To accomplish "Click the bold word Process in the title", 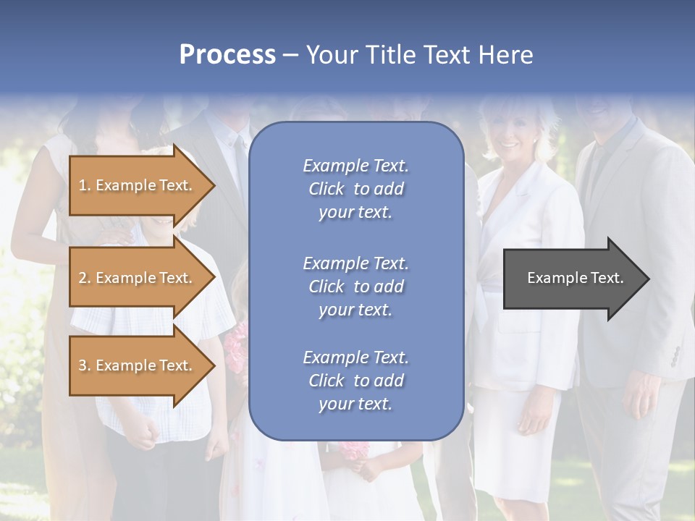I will [x=227, y=55].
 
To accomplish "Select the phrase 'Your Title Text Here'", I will [x=419, y=55].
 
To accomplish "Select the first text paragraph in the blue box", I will [x=355, y=189].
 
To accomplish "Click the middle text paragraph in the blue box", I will [x=355, y=287].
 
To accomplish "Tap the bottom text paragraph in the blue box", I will [x=355, y=381].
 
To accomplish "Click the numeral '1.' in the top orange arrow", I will [x=85, y=185].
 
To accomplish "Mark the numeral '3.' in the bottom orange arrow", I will [x=85, y=365].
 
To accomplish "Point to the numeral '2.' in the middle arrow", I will [x=85, y=278].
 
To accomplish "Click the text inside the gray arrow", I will [x=575, y=278].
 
